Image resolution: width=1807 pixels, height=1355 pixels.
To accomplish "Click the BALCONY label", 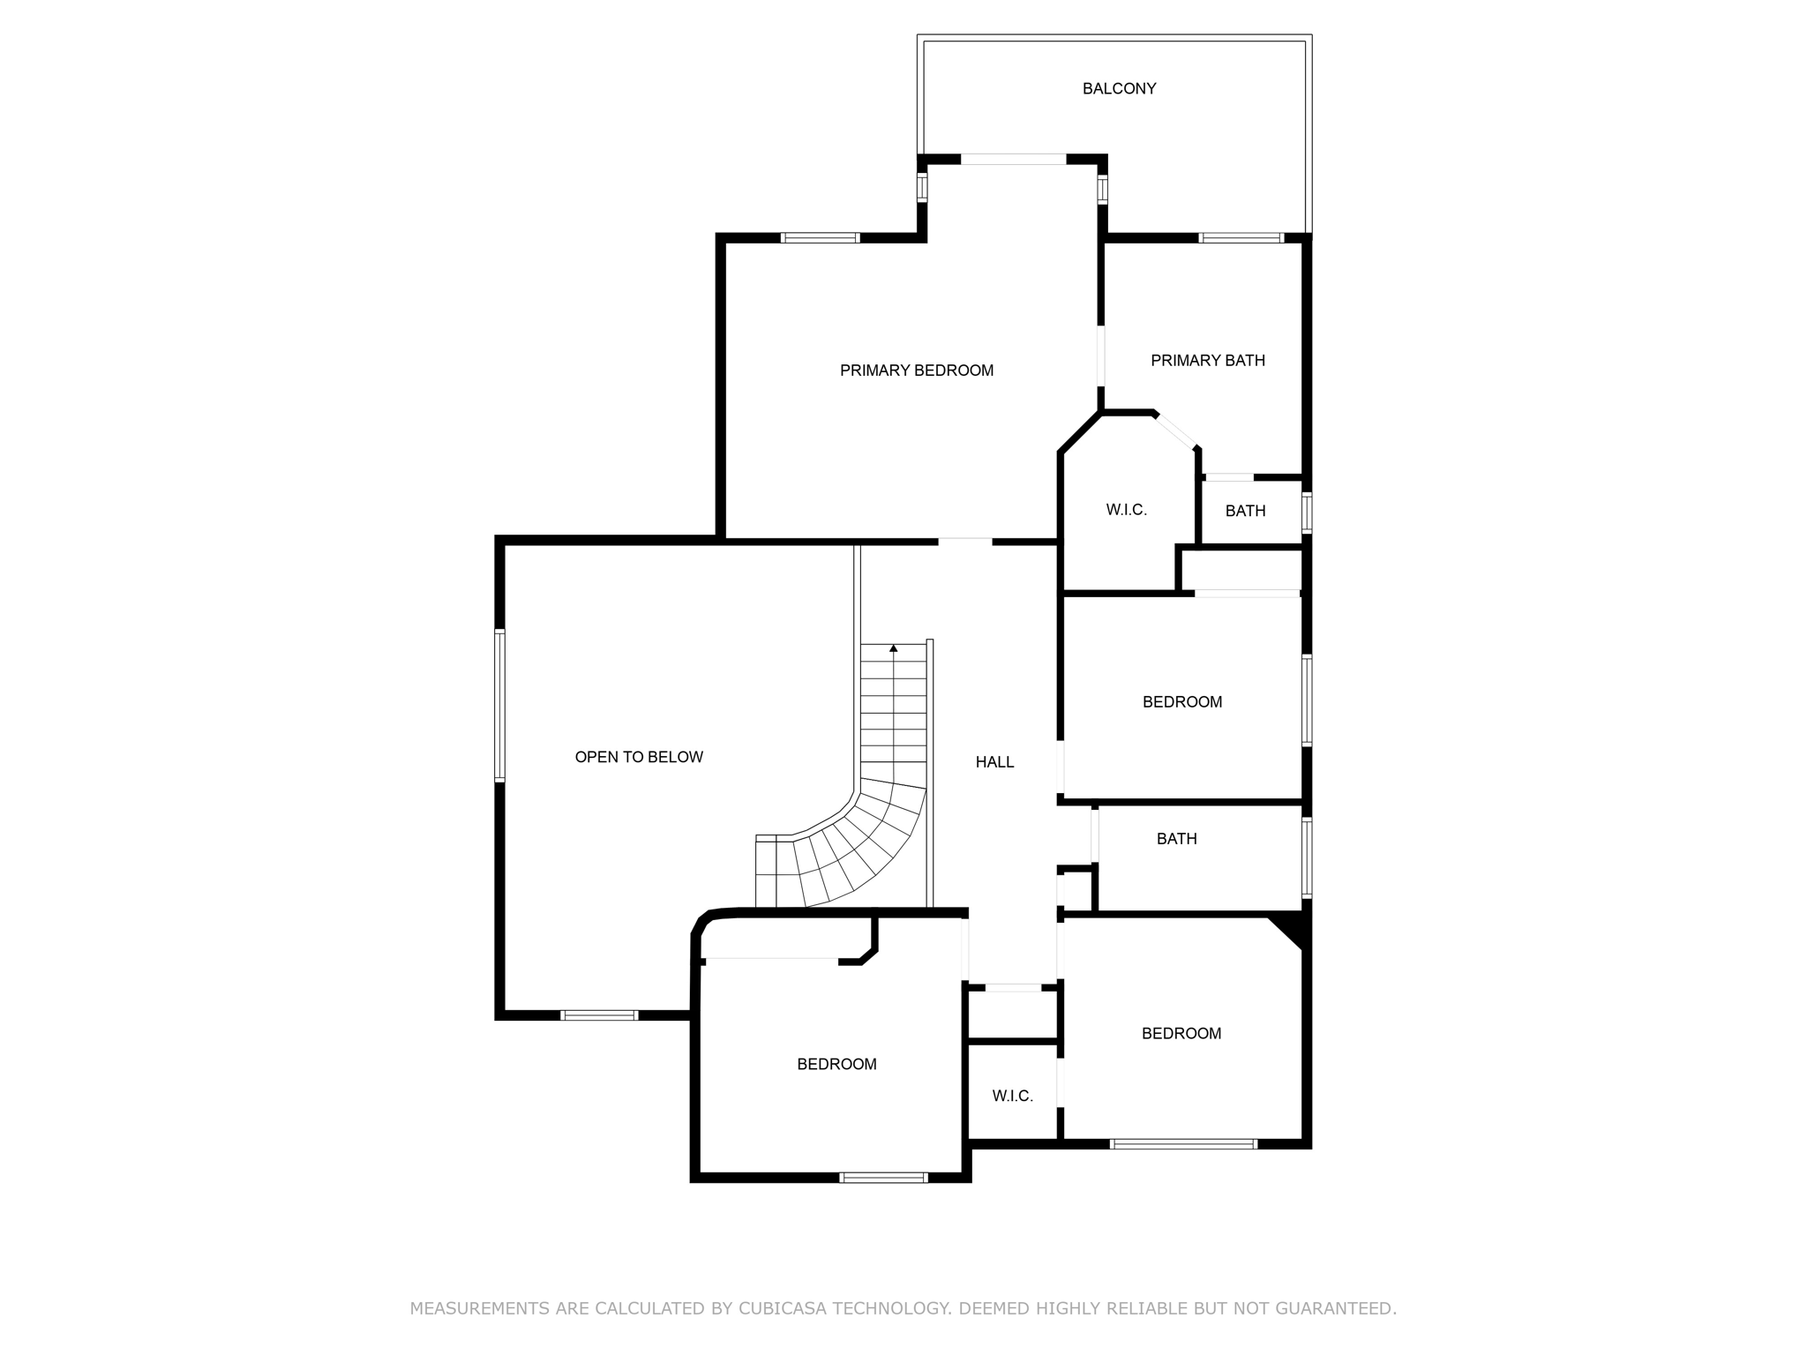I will pyautogui.click(x=1119, y=88).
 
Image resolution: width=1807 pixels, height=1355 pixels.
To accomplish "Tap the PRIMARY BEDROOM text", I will pyautogui.click(x=916, y=371).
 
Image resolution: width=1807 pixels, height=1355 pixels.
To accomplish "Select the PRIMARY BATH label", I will pyautogui.click(x=1207, y=360).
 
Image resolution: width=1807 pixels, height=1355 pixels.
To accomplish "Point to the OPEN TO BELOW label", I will pyautogui.click(x=638, y=757).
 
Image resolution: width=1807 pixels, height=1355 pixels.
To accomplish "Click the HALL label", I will pyautogui.click(x=994, y=762).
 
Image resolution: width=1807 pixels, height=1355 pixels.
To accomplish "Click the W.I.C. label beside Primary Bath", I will pyautogui.click(x=1126, y=510).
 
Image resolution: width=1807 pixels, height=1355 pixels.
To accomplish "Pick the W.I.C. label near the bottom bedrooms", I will pyautogui.click(x=1012, y=1096).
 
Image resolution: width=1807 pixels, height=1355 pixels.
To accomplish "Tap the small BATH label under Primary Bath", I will pyautogui.click(x=1245, y=511).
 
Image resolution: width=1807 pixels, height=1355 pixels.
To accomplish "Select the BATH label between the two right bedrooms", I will pyautogui.click(x=1176, y=839).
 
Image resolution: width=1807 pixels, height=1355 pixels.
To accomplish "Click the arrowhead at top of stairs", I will pyautogui.click(x=894, y=648).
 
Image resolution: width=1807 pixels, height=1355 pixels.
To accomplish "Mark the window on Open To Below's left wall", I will pyautogui.click(x=499, y=706).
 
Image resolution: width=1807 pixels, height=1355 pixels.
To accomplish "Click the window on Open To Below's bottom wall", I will pyautogui.click(x=599, y=1015).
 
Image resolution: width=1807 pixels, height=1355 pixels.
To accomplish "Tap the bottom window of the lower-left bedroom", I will pyautogui.click(x=883, y=1177).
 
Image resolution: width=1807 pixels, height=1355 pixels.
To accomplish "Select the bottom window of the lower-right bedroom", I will pyautogui.click(x=1183, y=1144).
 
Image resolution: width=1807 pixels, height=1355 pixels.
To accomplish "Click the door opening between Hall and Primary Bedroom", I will pyautogui.click(x=964, y=541).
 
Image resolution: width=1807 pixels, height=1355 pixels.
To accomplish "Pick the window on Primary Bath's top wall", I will pyautogui.click(x=1241, y=237).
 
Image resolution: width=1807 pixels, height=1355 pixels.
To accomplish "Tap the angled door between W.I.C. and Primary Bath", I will pyautogui.click(x=1175, y=430).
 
